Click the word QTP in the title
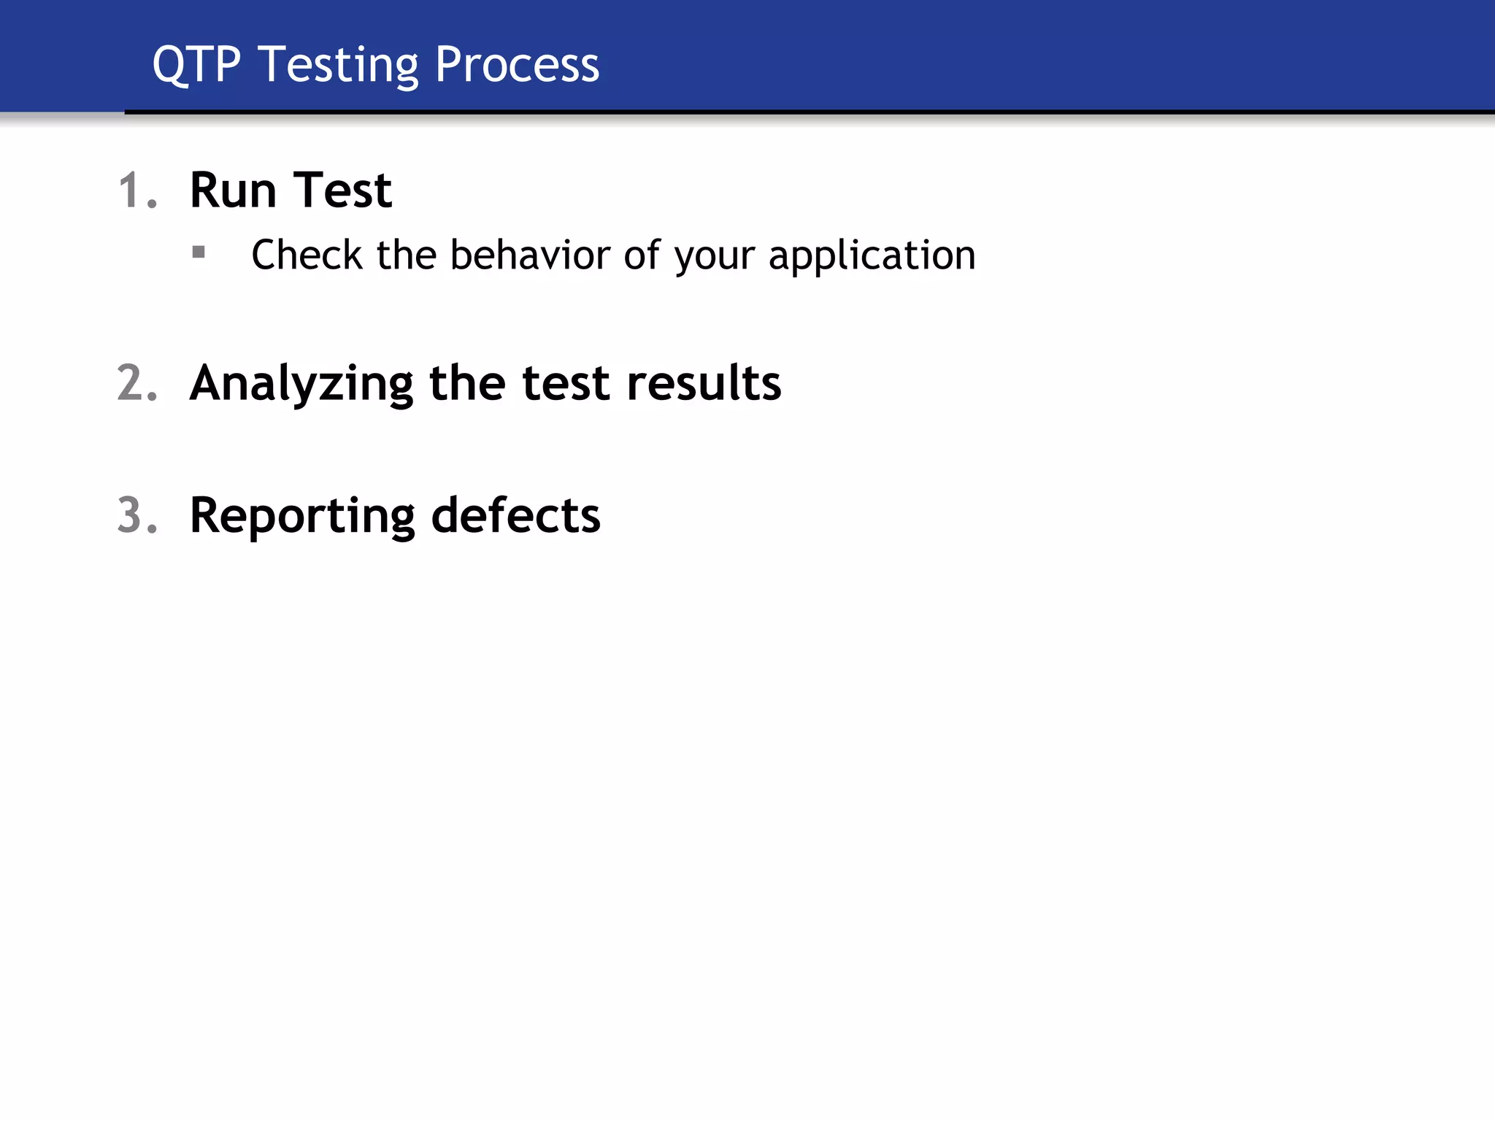pos(196,66)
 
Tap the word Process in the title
pos(517,66)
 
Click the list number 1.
pos(136,191)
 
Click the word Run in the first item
pos(233,191)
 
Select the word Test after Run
pos(342,191)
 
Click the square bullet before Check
pos(199,253)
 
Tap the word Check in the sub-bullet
pos(307,255)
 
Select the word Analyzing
pos(301,385)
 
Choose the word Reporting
pos(302,517)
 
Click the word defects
pos(515,515)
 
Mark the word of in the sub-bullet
pos(642,255)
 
